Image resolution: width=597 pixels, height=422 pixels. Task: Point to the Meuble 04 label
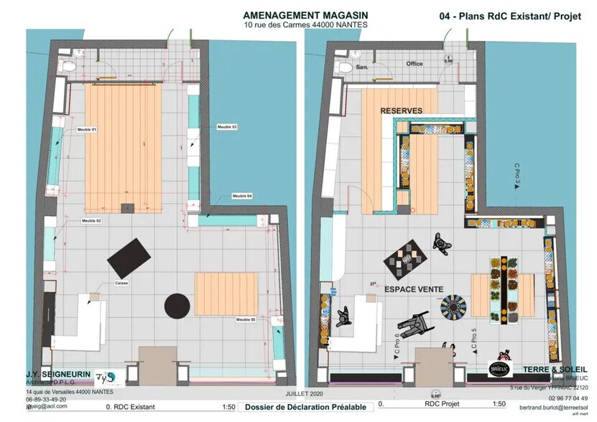241,196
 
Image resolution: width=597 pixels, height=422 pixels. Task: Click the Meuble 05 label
246,319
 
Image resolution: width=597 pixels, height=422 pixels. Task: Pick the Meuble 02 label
91,220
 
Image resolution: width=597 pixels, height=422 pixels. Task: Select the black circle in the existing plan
177,306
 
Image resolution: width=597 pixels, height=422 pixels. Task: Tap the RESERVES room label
401,111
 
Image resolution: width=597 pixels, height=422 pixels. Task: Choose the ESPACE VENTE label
413,289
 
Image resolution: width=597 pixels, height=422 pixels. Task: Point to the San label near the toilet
362,67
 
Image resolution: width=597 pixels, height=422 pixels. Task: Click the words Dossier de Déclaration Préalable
305,407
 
